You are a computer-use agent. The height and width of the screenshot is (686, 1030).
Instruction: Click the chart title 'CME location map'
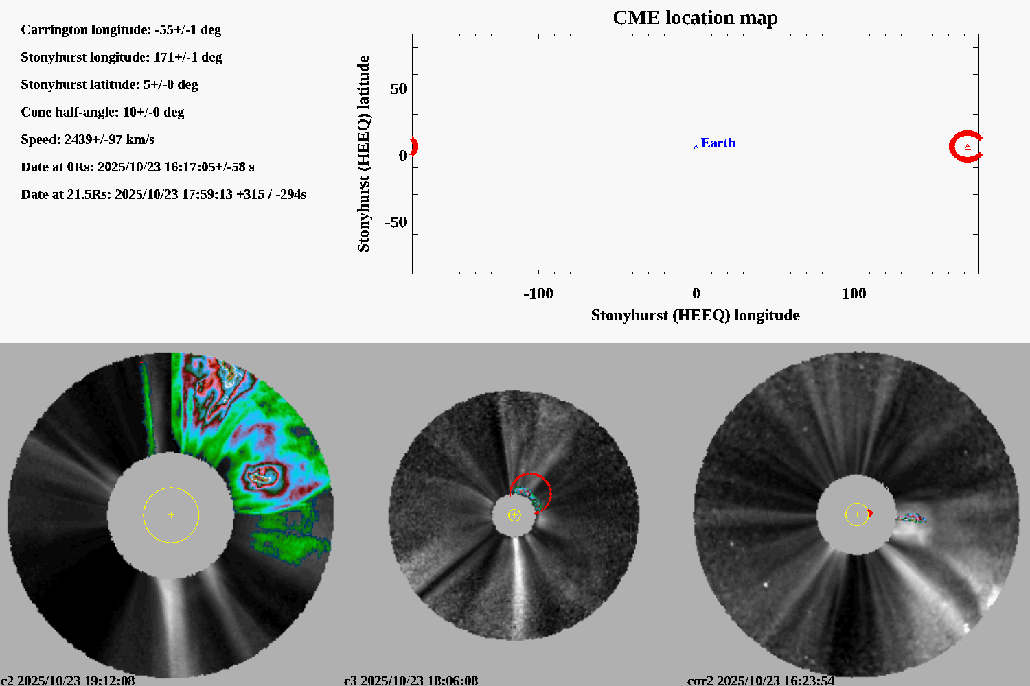click(695, 18)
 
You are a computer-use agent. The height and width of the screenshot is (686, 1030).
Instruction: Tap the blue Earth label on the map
click(718, 143)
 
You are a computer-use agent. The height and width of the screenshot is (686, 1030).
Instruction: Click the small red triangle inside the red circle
click(968, 147)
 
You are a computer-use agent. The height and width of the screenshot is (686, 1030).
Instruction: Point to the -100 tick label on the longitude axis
click(538, 294)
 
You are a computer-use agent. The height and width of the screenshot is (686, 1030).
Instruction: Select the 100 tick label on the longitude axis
click(854, 294)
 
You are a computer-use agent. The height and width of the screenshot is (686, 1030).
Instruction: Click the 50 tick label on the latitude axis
click(398, 89)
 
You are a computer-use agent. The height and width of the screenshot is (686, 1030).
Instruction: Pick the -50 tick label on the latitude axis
click(396, 222)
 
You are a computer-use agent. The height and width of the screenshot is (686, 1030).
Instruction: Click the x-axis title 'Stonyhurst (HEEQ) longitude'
click(695, 315)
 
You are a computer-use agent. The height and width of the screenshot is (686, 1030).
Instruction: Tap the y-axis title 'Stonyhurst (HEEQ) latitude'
click(363, 154)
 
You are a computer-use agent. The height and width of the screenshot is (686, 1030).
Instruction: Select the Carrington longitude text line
click(121, 29)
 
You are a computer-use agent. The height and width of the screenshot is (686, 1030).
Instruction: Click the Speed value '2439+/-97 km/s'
click(109, 139)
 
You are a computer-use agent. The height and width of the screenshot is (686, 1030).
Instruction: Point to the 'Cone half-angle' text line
click(102, 112)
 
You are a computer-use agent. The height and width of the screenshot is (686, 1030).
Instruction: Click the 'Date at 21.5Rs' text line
click(163, 194)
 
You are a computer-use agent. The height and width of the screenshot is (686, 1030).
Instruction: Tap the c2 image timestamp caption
click(67, 681)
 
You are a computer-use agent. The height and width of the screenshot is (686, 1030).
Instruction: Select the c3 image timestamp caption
click(411, 681)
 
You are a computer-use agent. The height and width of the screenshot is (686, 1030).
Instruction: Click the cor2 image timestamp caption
click(761, 681)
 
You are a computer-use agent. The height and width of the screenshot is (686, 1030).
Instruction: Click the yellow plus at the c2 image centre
click(171, 515)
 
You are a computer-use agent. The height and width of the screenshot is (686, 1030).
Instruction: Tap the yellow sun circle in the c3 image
click(514, 515)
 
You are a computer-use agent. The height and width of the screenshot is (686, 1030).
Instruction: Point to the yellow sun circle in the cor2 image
click(857, 514)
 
